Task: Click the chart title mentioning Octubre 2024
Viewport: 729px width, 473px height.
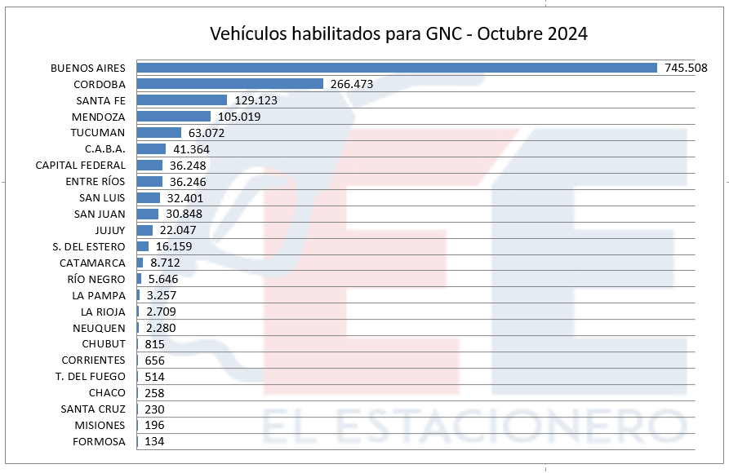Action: click(x=399, y=33)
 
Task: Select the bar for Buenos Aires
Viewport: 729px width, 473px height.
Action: click(x=397, y=68)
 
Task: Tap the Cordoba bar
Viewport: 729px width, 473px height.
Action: click(x=230, y=84)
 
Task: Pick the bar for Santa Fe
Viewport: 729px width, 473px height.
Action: click(x=182, y=99)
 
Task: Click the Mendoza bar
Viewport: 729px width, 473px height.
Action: click(x=174, y=116)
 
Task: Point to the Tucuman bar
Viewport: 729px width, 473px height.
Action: click(x=159, y=132)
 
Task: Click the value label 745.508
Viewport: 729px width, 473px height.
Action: click(x=686, y=68)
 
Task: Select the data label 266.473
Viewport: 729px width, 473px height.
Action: click(x=352, y=84)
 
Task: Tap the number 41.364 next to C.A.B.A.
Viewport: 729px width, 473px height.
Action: click(x=191, y=149)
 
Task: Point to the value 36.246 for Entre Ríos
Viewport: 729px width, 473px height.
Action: click(x=188, y=182)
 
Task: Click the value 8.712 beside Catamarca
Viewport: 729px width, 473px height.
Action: click(x=165, y=263)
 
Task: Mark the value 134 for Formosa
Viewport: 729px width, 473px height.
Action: click(x=154, y=441)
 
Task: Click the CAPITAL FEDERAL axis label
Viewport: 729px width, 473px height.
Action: click(x=81, y=166)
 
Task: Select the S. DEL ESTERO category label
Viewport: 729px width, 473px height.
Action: click(x=89, y=247)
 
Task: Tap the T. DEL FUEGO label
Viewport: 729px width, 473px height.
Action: click(x=90, y=376)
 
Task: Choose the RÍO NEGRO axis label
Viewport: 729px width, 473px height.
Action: click(x=96, y=279)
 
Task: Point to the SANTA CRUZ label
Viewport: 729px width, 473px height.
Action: click(x=93, y=409)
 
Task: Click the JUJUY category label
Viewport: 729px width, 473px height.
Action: click(x=110, y=231)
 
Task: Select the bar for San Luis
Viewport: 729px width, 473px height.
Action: click(x=149, y=197)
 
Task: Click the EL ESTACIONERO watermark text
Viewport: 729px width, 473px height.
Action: click(x=474, y=426)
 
